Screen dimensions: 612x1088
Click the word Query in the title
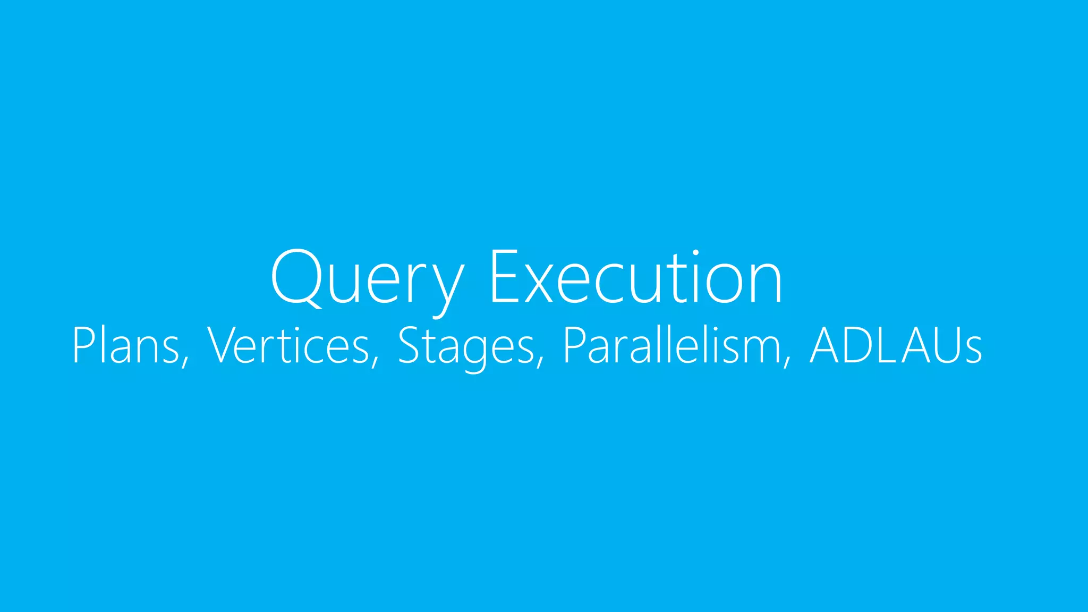[x=367, y=279]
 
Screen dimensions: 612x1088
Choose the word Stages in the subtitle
[x=465, y=346]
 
